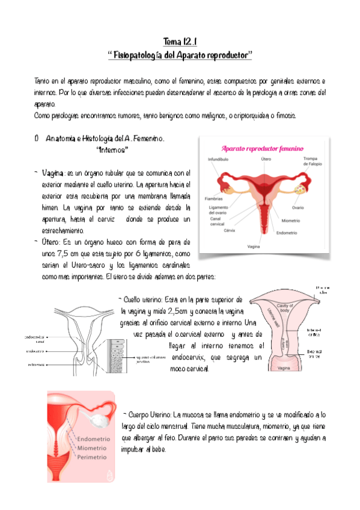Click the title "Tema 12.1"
click(x=180, y=41)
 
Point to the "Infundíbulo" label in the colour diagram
click(x=218, y=159)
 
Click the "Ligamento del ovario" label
click(x=217, y=210)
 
